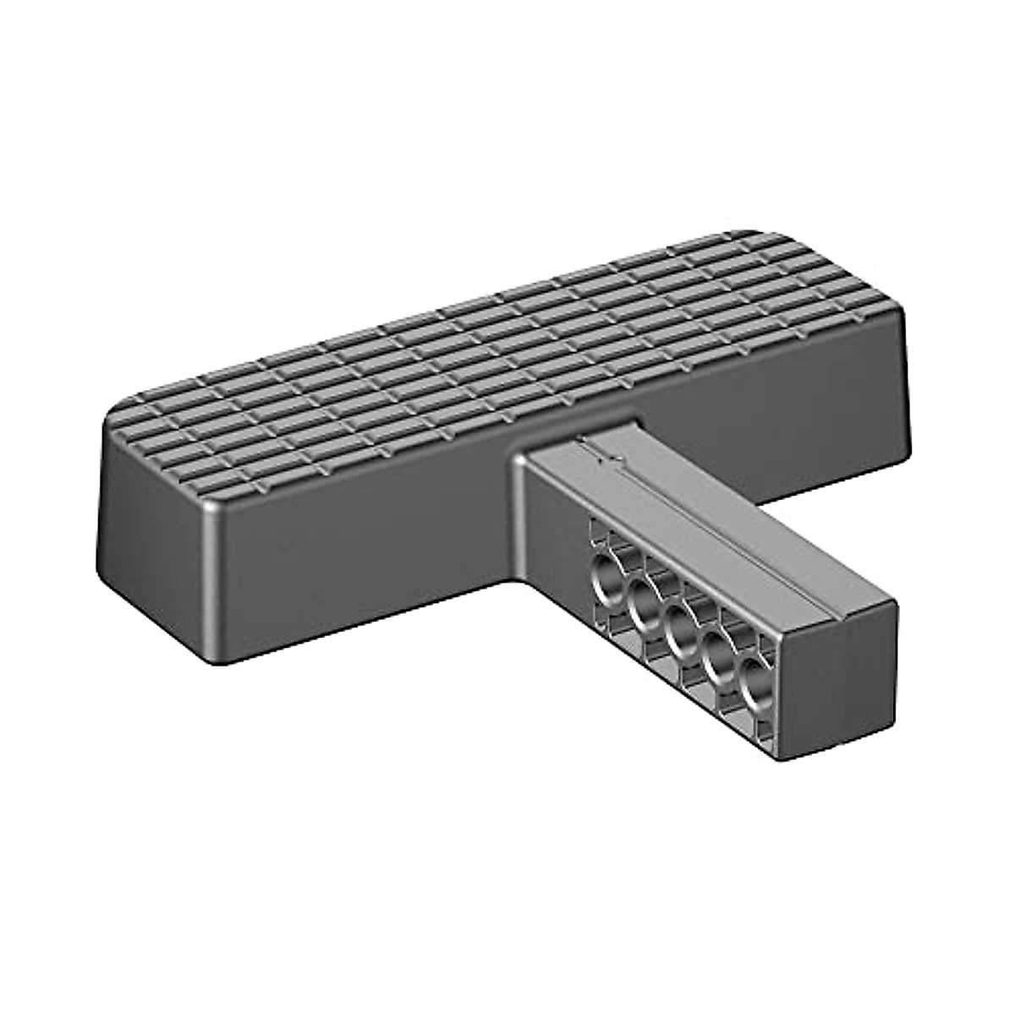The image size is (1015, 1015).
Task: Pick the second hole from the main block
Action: [x=645, y=601]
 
